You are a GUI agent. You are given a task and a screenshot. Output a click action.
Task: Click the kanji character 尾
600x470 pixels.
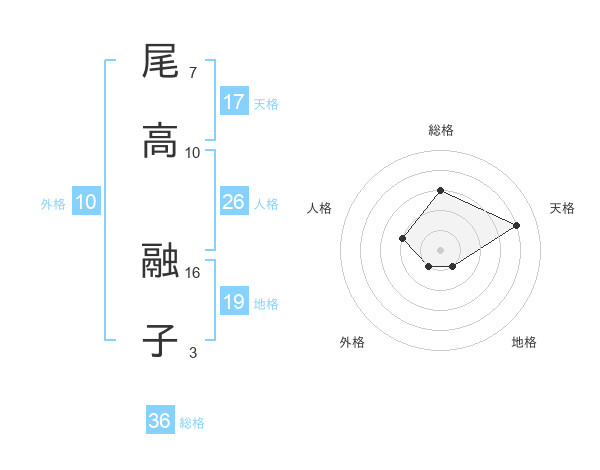tap(160, 62)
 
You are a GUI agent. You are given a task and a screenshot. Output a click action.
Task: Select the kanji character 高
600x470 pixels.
tap(160, 140)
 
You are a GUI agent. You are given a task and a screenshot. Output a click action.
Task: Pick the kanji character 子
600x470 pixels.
tap(160, 340)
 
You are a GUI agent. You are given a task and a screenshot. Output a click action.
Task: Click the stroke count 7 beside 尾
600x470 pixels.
tap(193, 73)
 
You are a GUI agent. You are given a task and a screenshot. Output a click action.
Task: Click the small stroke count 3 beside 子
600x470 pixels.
tap(193, 351)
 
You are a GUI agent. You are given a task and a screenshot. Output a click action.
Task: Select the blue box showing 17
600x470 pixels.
tap(234, 102)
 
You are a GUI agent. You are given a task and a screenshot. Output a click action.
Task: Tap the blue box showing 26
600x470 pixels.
tap(234, 202)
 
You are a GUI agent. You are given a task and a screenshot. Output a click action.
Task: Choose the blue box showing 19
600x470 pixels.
tap(234, 302)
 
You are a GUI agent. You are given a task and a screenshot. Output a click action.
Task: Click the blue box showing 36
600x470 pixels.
tap(160, 421)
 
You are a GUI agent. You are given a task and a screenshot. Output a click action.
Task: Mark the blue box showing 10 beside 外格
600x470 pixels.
tap(86, 202)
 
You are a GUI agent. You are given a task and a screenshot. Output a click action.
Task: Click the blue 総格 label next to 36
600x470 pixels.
tap(193, 423)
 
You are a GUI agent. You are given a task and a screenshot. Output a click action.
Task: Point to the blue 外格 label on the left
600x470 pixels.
tap(53, 203)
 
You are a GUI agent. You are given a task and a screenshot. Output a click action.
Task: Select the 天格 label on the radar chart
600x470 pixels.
tap(562, 208)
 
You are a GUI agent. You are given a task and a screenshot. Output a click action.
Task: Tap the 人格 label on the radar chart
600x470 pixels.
tap(319, 208)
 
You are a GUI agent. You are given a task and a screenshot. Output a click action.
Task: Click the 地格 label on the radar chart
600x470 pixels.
tap(524, 342)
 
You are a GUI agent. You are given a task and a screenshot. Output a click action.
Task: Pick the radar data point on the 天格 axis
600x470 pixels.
tap(517, 225)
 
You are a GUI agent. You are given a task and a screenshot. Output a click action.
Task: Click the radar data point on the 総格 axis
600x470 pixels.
tap(440, 190)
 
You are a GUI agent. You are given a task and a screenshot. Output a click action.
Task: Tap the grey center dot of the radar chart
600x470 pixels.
tap(440, 250)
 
